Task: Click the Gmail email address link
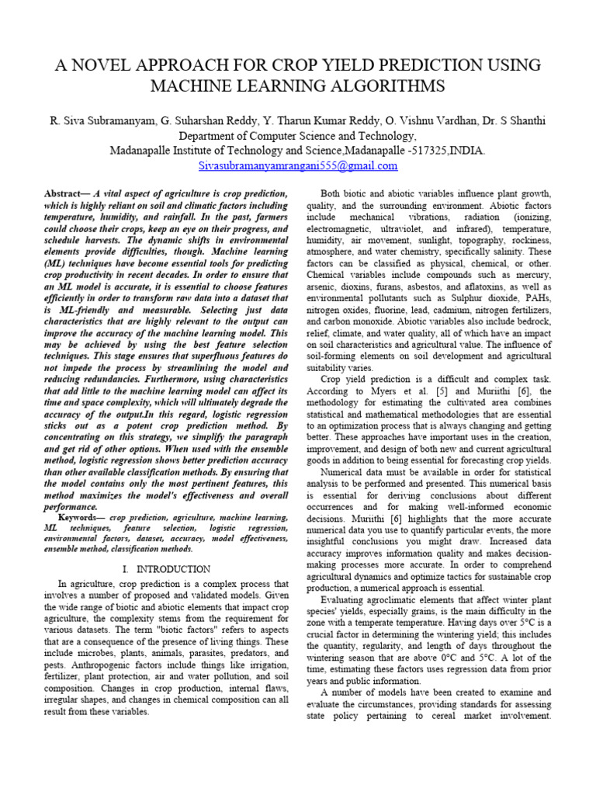pyautogui.click(x=298, y=165)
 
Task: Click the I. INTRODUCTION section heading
pyautogui.click(x=166, y=569)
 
